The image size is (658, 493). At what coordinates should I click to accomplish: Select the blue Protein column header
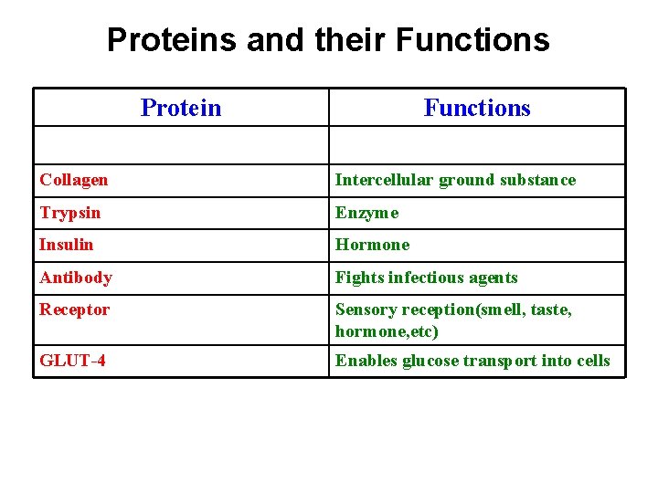pos(181,108)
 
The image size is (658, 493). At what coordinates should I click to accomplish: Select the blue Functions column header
pos(477,108)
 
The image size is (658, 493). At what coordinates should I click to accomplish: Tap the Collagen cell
pos(74,180)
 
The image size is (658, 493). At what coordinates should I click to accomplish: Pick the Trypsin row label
pos(70,213)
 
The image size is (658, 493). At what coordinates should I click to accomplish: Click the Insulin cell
pos(67,245)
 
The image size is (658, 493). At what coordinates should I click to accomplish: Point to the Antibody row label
pos(76,278)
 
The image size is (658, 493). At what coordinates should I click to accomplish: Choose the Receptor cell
pos(75,309)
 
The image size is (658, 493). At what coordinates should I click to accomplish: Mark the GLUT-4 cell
pos(72,361)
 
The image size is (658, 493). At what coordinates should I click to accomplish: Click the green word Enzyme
pos(367,213)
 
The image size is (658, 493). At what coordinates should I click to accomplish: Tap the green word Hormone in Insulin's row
pos(373,245)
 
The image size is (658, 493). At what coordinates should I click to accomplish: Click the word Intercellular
pos(385,180)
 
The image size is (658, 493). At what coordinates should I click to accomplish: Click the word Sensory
pos(365,309)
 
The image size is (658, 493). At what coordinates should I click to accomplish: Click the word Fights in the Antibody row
pos(359,278)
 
